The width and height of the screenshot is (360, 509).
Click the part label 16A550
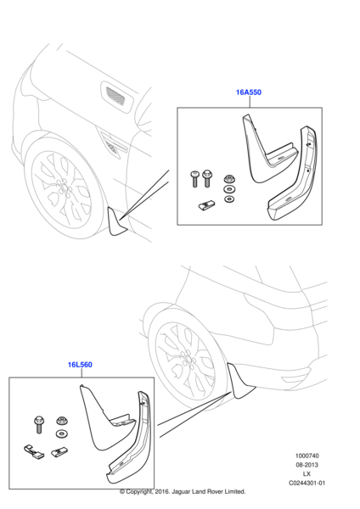[249, 92]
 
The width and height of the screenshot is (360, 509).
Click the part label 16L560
[80, 365]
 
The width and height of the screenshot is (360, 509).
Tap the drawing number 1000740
[307, 456]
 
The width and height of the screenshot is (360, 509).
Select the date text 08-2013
[307, 465]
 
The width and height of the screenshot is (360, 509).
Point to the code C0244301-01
[307, 483]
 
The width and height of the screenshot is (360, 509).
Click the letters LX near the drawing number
[307, 474]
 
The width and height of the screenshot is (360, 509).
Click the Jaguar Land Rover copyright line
[183, 491]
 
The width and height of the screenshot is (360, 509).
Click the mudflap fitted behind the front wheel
[116, 222]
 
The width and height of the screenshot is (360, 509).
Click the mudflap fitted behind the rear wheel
[239, 382]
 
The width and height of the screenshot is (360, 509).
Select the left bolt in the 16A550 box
[194, 179]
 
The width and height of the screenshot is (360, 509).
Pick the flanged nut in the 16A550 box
[229, 179]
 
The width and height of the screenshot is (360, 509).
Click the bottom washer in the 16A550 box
[229, 199]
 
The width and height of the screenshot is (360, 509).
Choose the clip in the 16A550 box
[206, 204]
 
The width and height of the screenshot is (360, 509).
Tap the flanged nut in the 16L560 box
[61, 421]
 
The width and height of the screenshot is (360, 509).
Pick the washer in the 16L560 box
[61, 433]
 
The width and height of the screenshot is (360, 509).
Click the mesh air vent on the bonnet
[115, 95]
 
